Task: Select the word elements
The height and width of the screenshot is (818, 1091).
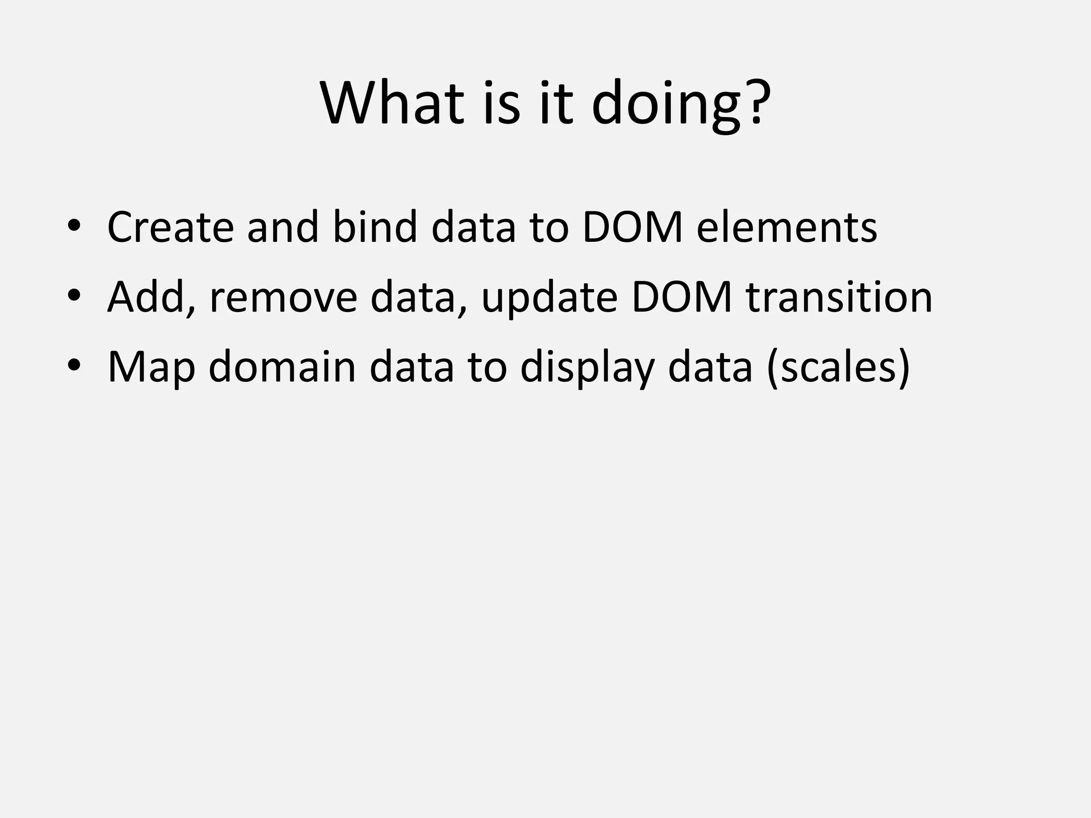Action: coord(787,227)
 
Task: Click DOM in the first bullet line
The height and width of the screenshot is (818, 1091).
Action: coord(632,227)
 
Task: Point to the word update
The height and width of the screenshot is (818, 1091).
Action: coord(549,298)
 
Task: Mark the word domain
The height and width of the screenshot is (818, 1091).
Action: coord(282,367)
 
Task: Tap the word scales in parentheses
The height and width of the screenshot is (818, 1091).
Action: coord(838,367)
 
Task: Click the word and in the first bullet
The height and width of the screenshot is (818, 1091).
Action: coord(282,227)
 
